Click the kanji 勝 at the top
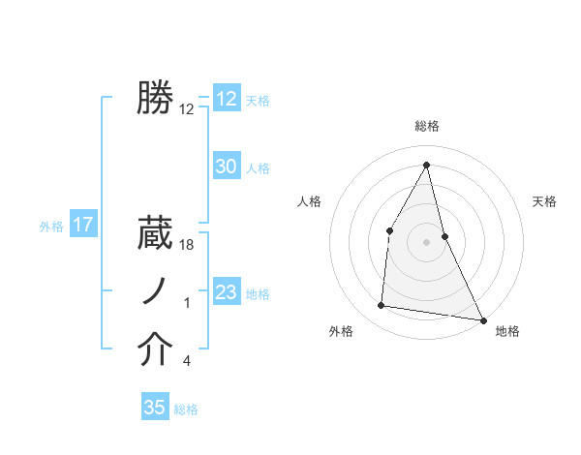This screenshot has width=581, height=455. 155,99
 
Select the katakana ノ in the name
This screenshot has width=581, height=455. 155,291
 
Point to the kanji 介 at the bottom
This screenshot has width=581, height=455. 155,349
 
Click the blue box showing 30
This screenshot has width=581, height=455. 227,167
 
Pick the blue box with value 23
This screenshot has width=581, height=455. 227,292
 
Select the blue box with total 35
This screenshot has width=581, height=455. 155,408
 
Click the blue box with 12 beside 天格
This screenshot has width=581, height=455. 227,99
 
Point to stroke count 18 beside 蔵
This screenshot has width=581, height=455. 188,246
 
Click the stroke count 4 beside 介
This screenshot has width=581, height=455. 187,362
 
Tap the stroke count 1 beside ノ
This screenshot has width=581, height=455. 187,304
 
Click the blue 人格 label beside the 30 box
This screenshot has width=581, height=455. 258,168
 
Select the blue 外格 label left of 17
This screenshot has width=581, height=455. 51,227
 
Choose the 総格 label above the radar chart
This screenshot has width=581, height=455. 427,126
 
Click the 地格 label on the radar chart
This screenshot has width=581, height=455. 507,332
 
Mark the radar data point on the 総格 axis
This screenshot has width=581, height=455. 427,164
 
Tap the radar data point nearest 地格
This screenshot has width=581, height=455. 483,319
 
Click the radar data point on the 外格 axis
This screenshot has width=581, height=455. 382,306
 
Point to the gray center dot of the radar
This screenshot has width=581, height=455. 427,242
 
